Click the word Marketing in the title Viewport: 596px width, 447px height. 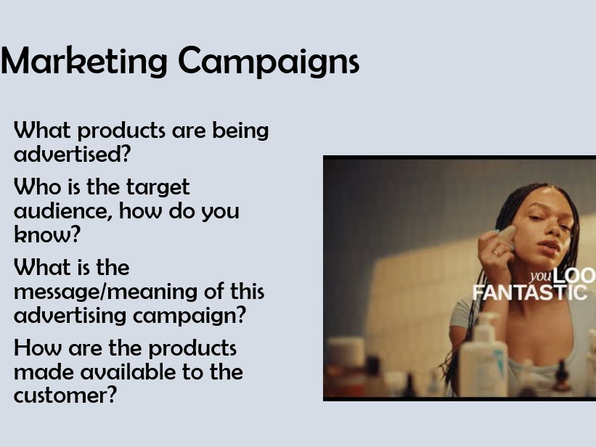coord(85,61)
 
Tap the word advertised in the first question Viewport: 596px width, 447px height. coord(68,154)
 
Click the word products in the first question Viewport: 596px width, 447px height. coord(121,131)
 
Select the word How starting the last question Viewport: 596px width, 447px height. coord(36,348)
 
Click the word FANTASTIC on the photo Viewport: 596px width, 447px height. coord(529,292)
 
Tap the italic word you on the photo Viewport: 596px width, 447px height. coord(540,276)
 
